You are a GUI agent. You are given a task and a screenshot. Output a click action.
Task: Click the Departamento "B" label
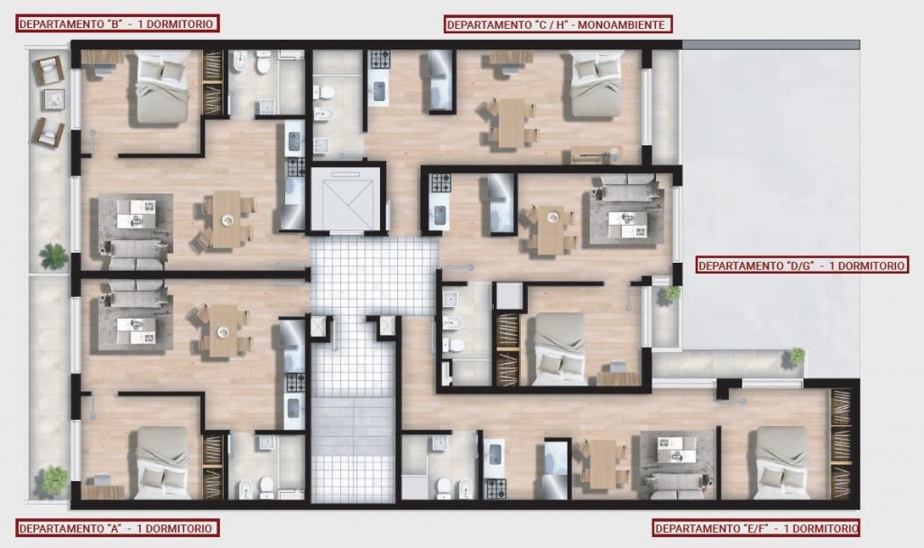tap(117, 23)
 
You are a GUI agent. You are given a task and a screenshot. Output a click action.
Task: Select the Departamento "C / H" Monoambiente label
tap(558, 24)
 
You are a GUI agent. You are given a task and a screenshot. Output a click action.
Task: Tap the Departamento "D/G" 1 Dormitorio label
tap(801, 265)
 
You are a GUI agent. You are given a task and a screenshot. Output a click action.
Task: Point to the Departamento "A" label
tap(116, 528)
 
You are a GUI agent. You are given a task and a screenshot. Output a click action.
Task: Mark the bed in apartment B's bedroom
tap(162, 87)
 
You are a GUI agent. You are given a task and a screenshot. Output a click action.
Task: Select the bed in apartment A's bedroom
tap(163, 463)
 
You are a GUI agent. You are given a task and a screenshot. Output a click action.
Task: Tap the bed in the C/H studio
tap(596, 85)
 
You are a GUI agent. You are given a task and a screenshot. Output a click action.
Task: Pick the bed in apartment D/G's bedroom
tap(559, 349)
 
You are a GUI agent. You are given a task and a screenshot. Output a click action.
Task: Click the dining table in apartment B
tap(226, 219)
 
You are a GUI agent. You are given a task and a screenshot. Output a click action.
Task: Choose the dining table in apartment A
tap(224, 331)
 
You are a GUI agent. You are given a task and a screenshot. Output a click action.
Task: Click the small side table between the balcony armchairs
tap(53, 99)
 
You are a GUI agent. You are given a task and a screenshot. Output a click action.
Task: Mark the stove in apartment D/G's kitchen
tap(439, 183)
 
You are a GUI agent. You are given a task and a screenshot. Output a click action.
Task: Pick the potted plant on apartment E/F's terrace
tap(797, 356)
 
